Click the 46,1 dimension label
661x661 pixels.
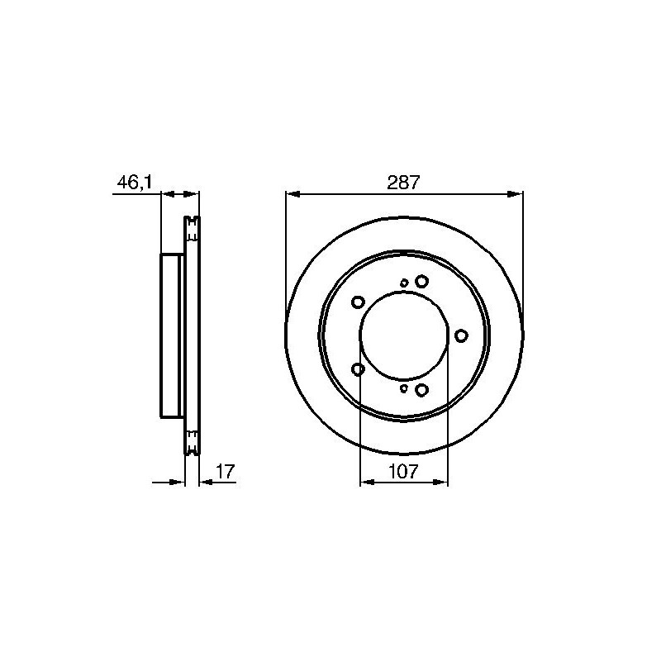click(134, 183)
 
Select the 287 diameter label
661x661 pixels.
click(403, 183)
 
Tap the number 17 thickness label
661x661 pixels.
click(225, 471)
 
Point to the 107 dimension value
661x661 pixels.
click(403, 471)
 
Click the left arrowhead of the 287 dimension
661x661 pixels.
click(292, 194)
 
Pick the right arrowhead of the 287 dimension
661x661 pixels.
click(516, 194)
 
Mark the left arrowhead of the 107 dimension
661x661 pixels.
click(368, 483)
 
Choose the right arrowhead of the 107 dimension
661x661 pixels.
click(440, 483)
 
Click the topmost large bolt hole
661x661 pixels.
click(421, 281)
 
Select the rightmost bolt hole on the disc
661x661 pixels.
click(462, 335)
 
